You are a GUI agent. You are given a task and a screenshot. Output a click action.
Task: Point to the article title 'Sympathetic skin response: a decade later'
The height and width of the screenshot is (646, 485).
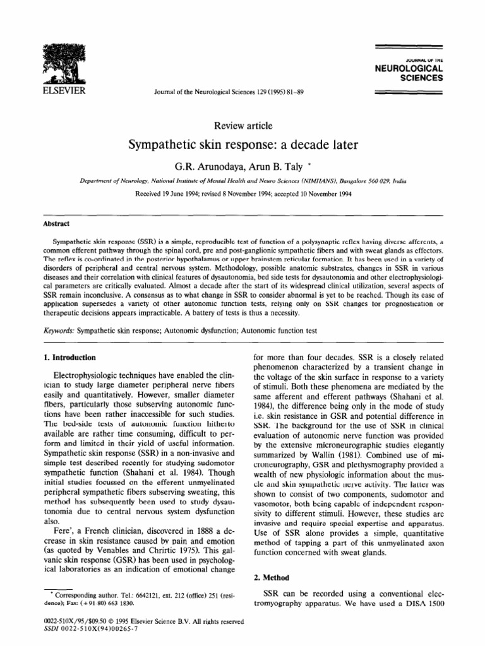[243, 146]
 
